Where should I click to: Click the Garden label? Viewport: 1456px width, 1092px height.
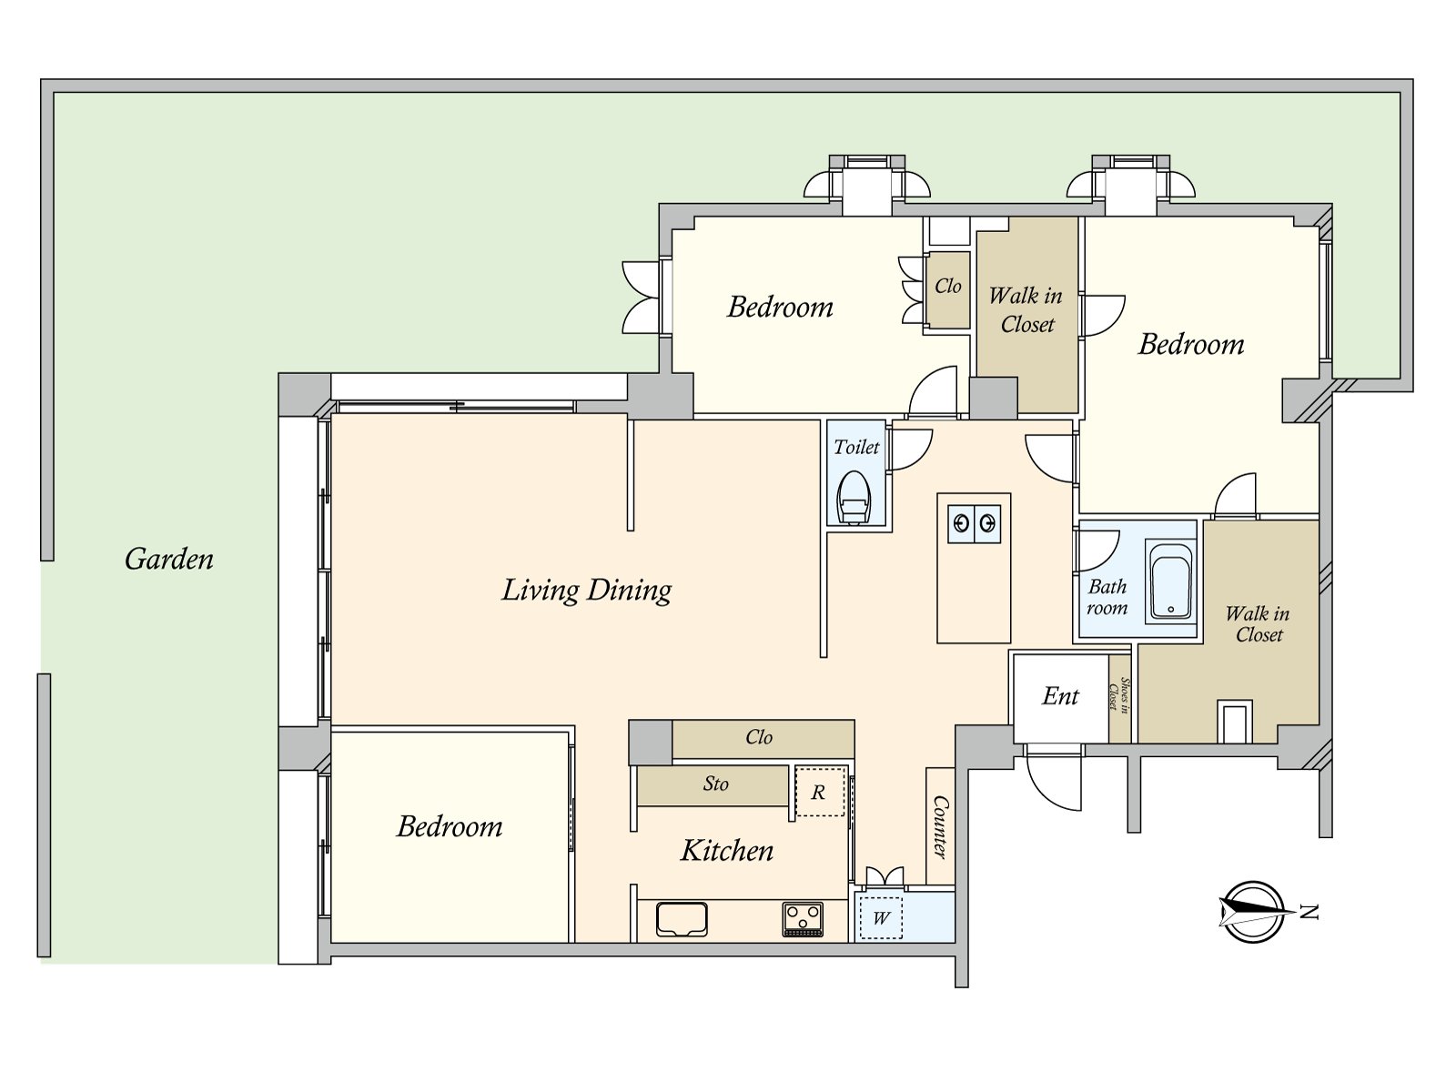(169, 559)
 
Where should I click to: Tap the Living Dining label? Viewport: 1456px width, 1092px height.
(586, 590)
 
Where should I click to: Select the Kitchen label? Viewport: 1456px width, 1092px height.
(727, 851)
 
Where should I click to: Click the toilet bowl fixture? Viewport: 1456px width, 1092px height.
(854, 498)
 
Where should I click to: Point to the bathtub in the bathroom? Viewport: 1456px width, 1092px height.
(1171, 581)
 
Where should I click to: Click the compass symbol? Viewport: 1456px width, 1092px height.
(1254, 912)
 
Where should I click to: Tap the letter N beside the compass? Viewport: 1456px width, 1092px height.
(1308, 913)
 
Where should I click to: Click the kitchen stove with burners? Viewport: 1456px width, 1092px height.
(803, 920)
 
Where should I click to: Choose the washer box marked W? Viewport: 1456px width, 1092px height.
(880, 918)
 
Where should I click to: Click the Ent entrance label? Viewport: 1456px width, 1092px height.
(1060, 696)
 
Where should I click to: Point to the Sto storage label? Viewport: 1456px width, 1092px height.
(716, 784)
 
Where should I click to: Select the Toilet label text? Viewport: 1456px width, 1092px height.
(856, 447)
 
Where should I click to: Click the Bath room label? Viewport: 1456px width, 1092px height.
(1107, 597)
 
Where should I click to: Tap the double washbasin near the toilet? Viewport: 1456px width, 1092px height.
(974, 524)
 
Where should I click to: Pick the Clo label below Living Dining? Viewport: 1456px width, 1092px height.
(759, 736)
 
